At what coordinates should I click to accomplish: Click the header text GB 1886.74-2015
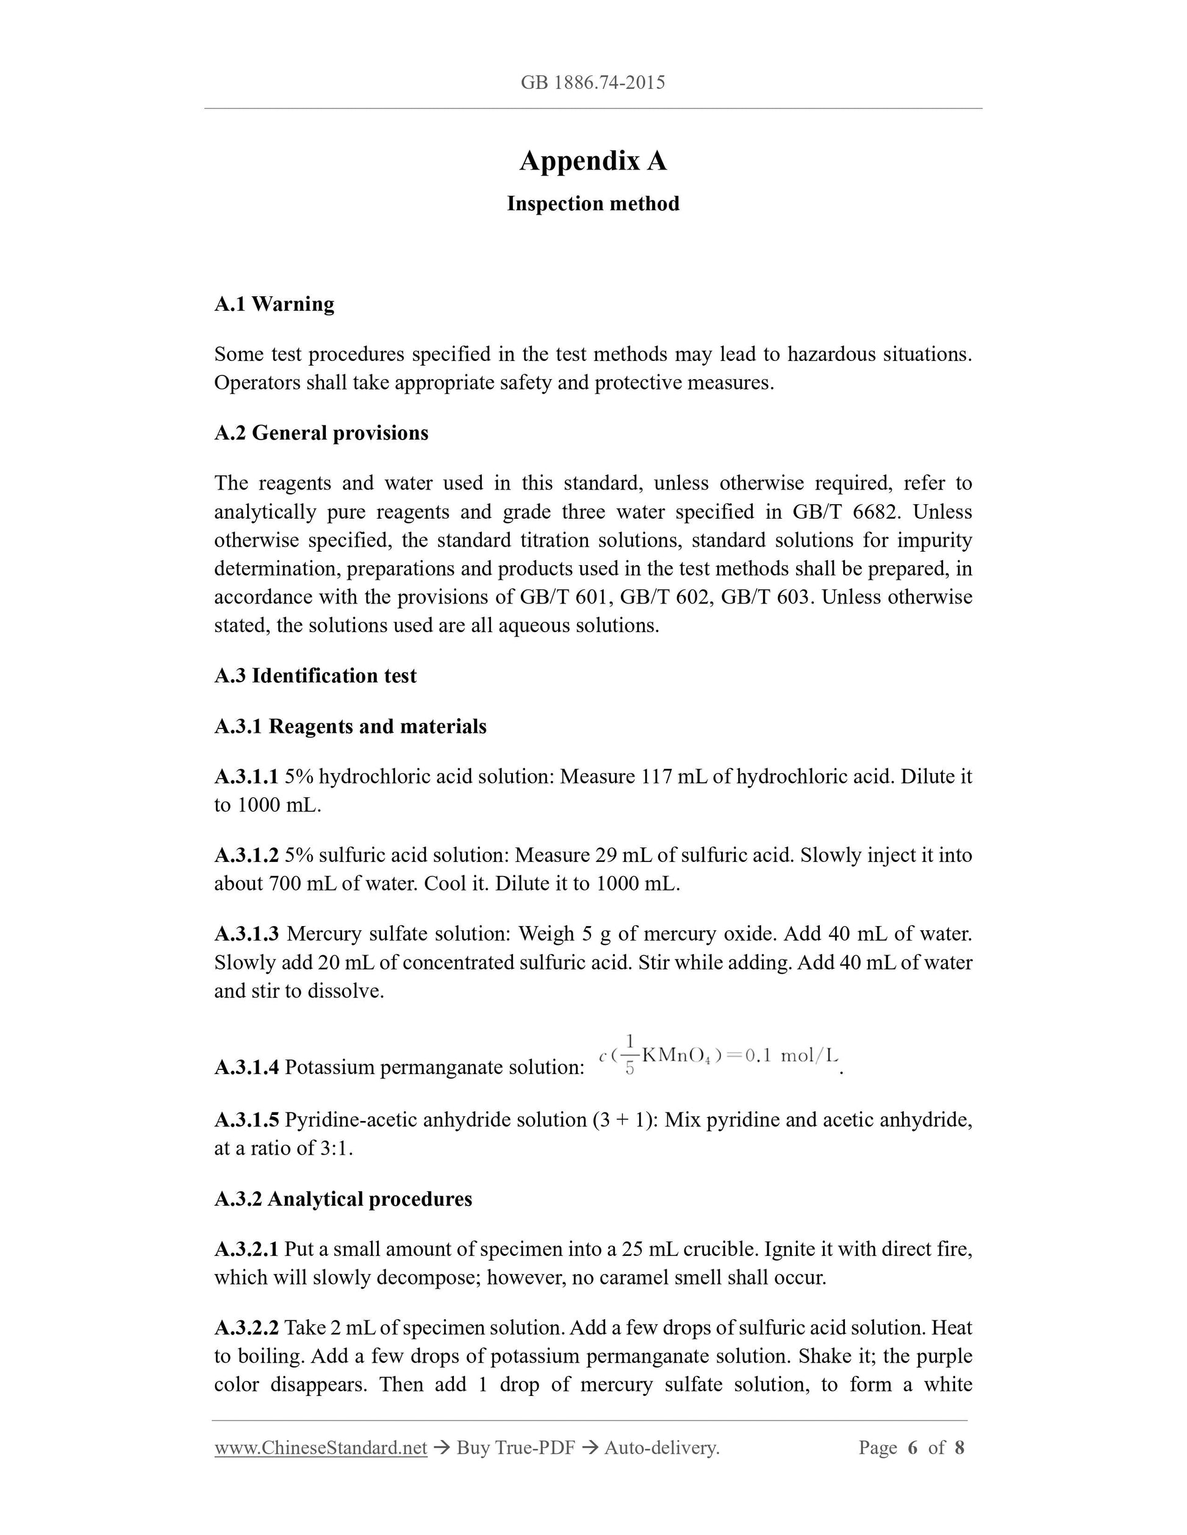(593, 83)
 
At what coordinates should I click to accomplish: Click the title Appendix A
(593, 161)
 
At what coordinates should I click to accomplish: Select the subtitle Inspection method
(593, 204)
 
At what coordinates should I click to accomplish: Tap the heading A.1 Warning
(274, 304)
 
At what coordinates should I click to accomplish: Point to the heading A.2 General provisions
(321, 432)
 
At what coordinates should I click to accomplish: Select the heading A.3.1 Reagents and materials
(350, 726)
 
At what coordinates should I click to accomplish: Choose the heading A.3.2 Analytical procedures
(343, 1198)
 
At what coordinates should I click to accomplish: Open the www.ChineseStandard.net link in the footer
(321, 1448)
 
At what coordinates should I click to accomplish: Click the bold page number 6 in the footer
(913, 1448)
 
